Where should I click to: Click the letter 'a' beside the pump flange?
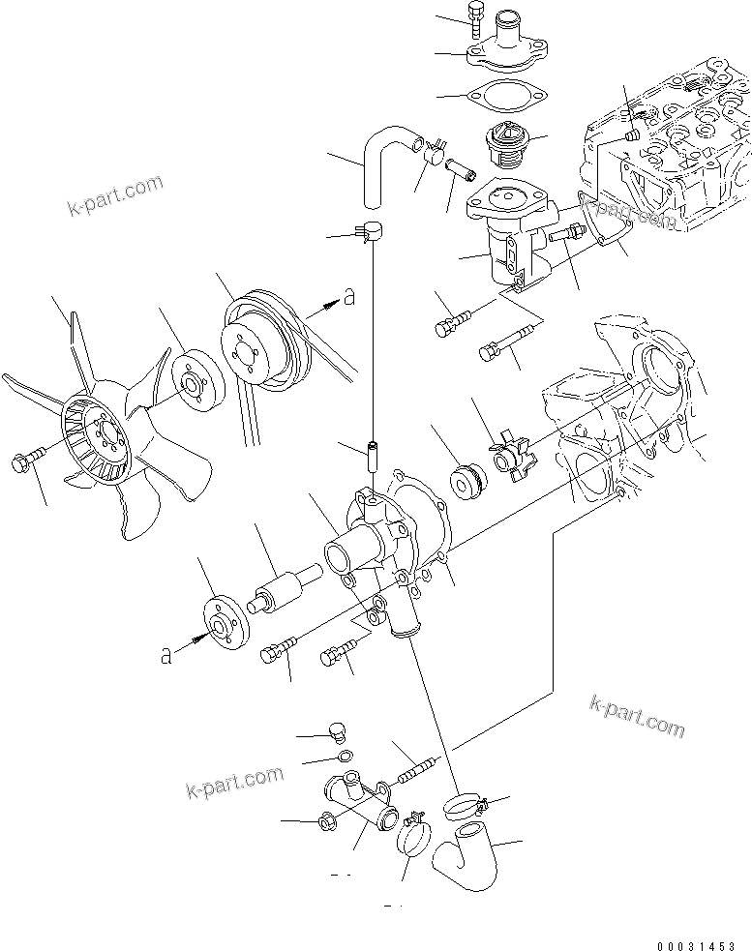[x=167, y=657]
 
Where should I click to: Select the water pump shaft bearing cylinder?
[x=281, y=585]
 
